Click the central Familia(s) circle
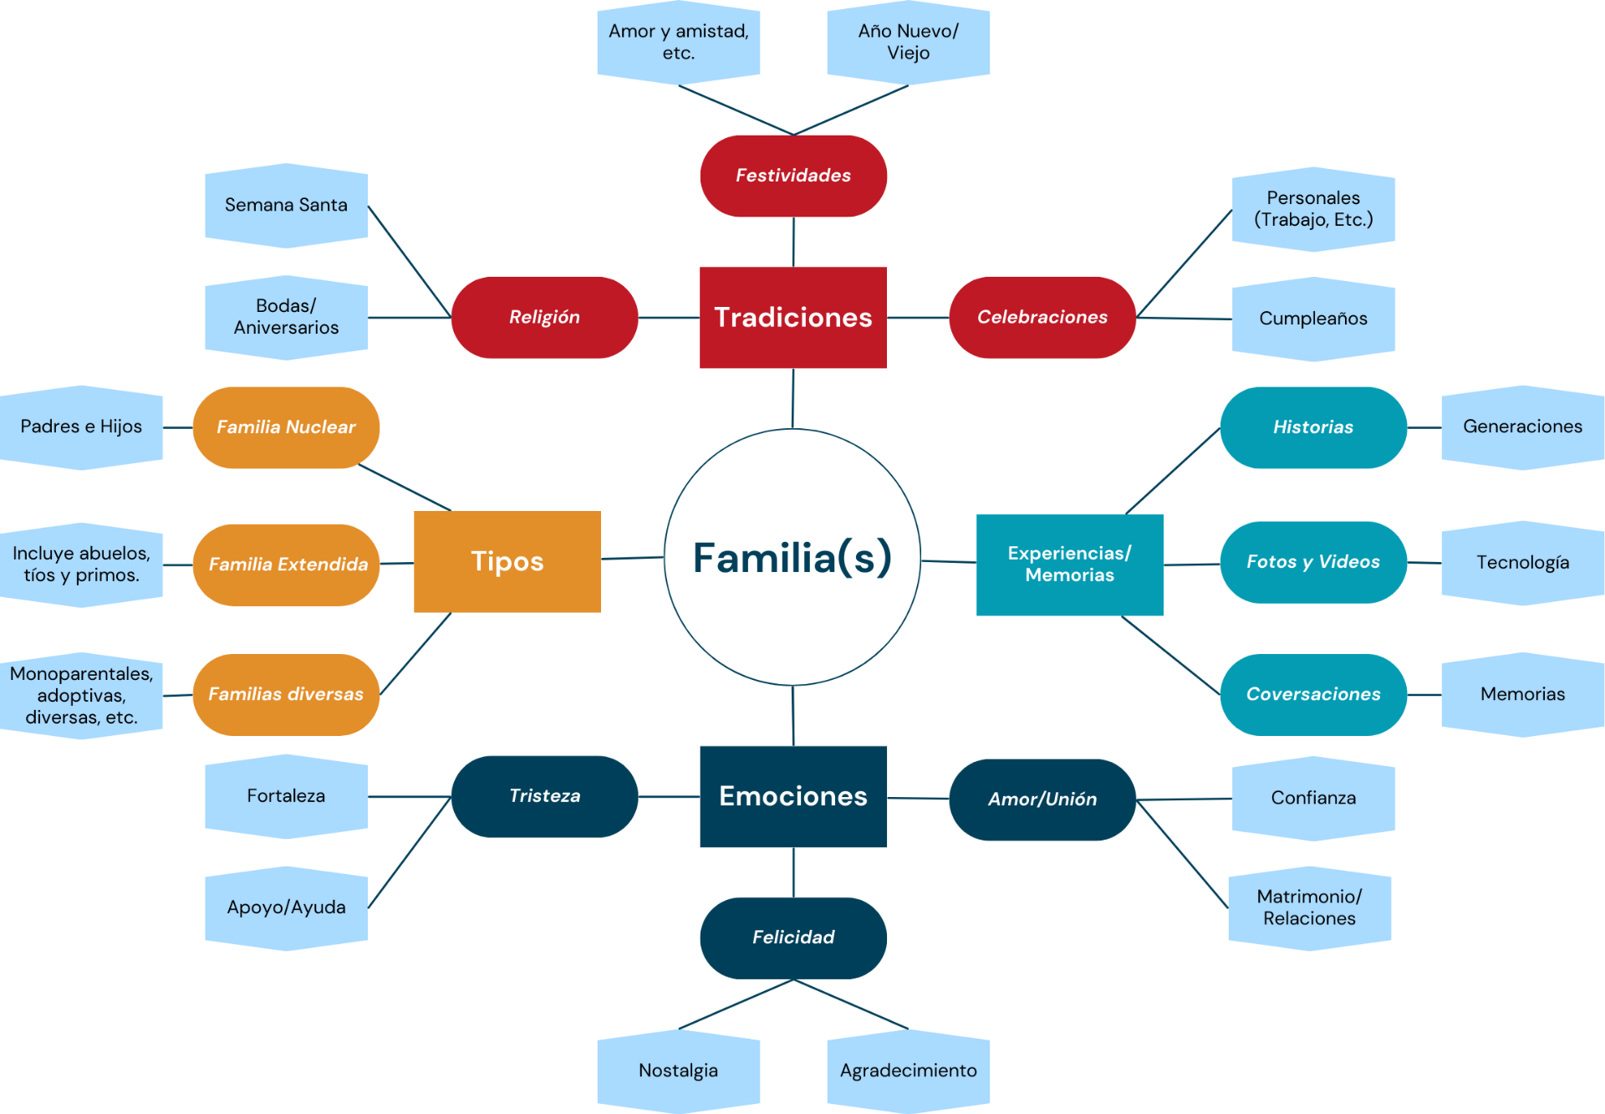click(x=792, y=557)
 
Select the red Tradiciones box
click(x=792, y=317)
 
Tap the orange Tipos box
click(x=507, y=561)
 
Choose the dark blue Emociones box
click(x=792, y=796)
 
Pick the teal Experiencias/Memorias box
click(x=1069, y=565)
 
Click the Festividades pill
click(x=792, y=176)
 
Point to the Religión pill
click(x=544, y=317)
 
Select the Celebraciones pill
click(x=1042, y=317)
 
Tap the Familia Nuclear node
click(x=286, y=427)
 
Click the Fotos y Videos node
click(x=1312, y=562)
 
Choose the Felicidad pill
click(x=792, y=938)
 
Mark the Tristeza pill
click(x=544, y=796)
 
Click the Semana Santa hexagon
click(x=286, y=205)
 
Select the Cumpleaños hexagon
click(x=1312, y=319)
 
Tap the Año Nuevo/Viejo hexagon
click(x=908, y=42)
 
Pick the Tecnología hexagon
click(x=1522, y=563)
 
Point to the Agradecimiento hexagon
click(x=908, y=1071)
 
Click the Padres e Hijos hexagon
click(x=81, y=427)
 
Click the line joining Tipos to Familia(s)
click(x=632, y=558)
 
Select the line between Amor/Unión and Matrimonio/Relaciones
click(x=1182, y=854)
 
